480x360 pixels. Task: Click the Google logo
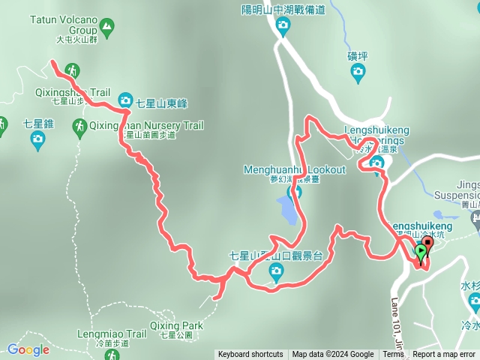(28, 349)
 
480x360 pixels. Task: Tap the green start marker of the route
(421, 253)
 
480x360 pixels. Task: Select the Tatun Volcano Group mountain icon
(109, 29)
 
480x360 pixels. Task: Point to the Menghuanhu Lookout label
(294, 169)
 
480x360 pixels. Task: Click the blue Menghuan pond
(286, 210)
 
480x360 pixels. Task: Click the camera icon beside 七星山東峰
(125, 100)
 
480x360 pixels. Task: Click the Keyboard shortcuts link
(250, 355)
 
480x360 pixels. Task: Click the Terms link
(393, 355)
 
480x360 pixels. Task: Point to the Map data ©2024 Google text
(332, 355)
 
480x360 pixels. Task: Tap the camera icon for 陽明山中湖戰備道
(283, 28)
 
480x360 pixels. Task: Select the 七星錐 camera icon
(37, 140)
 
